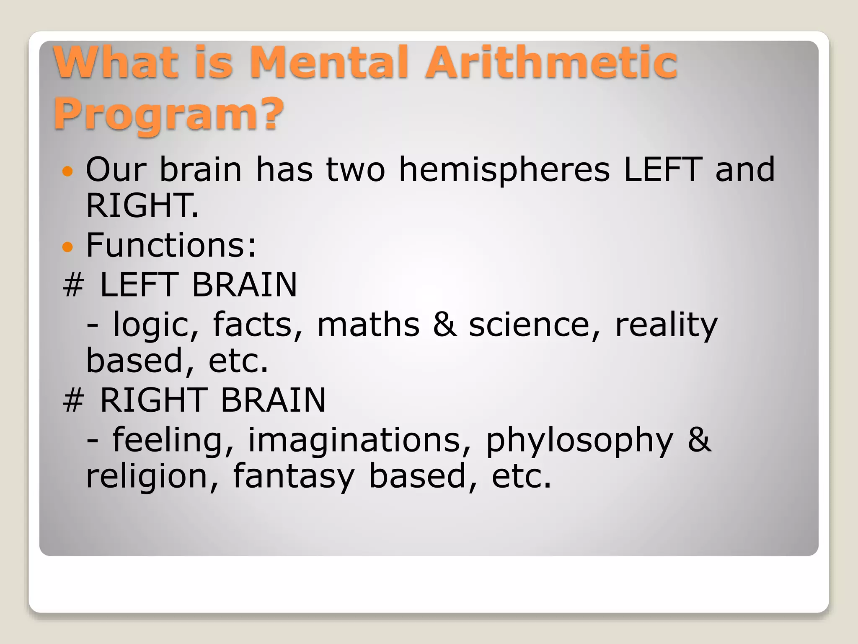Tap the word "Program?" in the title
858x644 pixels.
[x=168, y=113]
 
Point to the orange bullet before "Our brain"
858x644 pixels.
[x=67, y=171]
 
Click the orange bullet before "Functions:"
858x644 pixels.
[x=67, y=247]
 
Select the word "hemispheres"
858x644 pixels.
[x=504, y=170]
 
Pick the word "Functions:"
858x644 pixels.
[x=171, y=245]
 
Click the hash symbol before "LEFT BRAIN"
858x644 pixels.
[x=74, y=285]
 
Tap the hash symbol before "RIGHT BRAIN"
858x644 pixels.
[x=74, y=400]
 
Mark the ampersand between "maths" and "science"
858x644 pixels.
[x=445, y=325]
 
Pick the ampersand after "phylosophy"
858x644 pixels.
[x=699, y=440]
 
